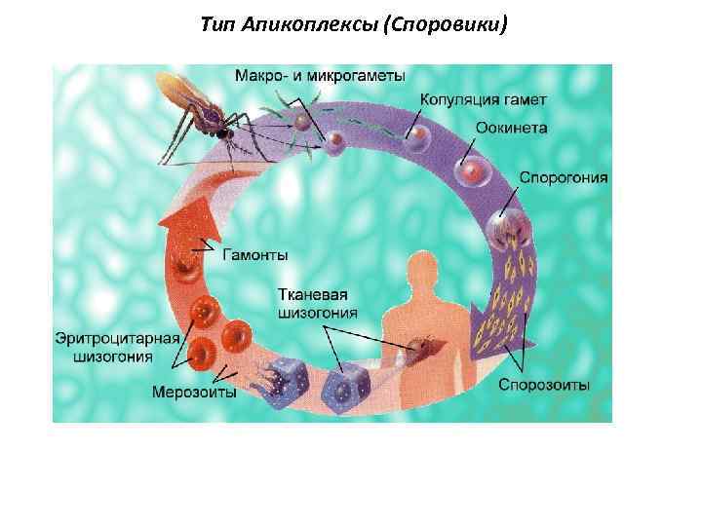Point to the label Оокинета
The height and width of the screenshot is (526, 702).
point(512,128)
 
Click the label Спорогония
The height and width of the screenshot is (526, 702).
point(564,178)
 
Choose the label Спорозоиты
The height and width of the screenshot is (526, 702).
point(544,385)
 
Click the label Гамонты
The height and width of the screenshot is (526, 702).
point(256,255)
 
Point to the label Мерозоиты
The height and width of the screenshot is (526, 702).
point(194,393)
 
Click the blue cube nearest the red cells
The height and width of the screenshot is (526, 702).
point(290,380)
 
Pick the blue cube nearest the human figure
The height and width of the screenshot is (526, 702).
point(347,378)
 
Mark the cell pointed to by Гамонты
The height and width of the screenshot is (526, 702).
point(181,264)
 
